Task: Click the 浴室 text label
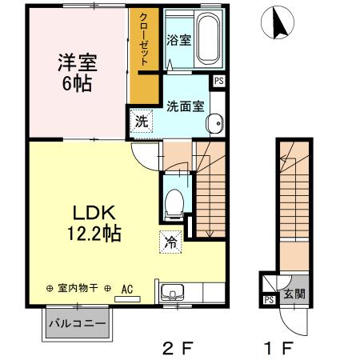pyautogui.click(x=178, y=40)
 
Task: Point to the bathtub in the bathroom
pyautogui.click(x=209, y=41)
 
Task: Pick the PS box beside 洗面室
pyautogui.click(x=218, y=81)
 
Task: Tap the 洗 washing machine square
pyautogui.click(x=141, y=122)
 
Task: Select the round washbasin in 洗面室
pyautogui.click(x=214, y=123)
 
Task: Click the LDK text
pyautogui.click(x=96, y=213)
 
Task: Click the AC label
pyautogui.click(x=126, y=289)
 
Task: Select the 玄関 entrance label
pyautogui.click(x=294, y=294)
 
